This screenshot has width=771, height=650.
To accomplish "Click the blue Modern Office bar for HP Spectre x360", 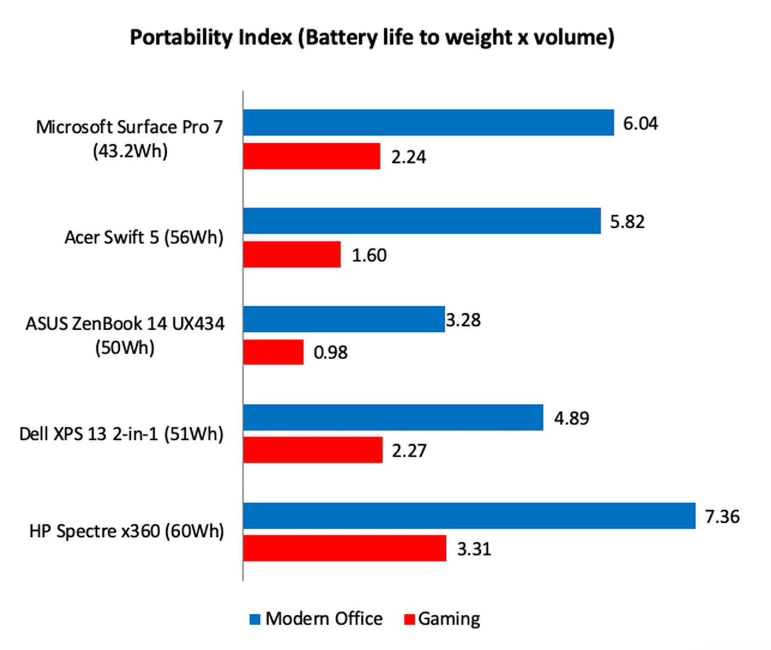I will [469, 515].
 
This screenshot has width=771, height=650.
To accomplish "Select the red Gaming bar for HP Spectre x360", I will [345, 548].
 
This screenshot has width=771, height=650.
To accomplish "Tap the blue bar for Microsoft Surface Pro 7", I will [428, 123].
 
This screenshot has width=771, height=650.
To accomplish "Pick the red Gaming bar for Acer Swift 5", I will [292, 254].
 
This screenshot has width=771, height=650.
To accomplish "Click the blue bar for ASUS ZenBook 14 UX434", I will [344, 319].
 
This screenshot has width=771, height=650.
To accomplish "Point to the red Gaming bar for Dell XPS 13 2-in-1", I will [313, 450].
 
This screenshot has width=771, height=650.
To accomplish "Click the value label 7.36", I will [722, 517].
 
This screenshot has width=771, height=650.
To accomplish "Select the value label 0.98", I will [330, 352].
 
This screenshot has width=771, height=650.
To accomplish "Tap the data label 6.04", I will [640, 123].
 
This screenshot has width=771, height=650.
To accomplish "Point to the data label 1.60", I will [369, 255].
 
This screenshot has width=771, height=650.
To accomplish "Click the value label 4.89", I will [571, 418].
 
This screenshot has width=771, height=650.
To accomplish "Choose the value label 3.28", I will [463, 320].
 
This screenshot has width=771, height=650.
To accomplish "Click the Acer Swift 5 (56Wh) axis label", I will [144, 237].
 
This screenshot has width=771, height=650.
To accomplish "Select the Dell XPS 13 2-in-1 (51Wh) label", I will [121, 434].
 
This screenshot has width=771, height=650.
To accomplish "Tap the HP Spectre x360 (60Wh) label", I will [126, 531].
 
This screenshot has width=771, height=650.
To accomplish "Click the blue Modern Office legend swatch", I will [255, 619].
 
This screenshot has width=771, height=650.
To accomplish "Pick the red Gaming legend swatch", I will [409, 619].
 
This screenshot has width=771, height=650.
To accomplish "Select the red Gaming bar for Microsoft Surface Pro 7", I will [312, 156].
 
